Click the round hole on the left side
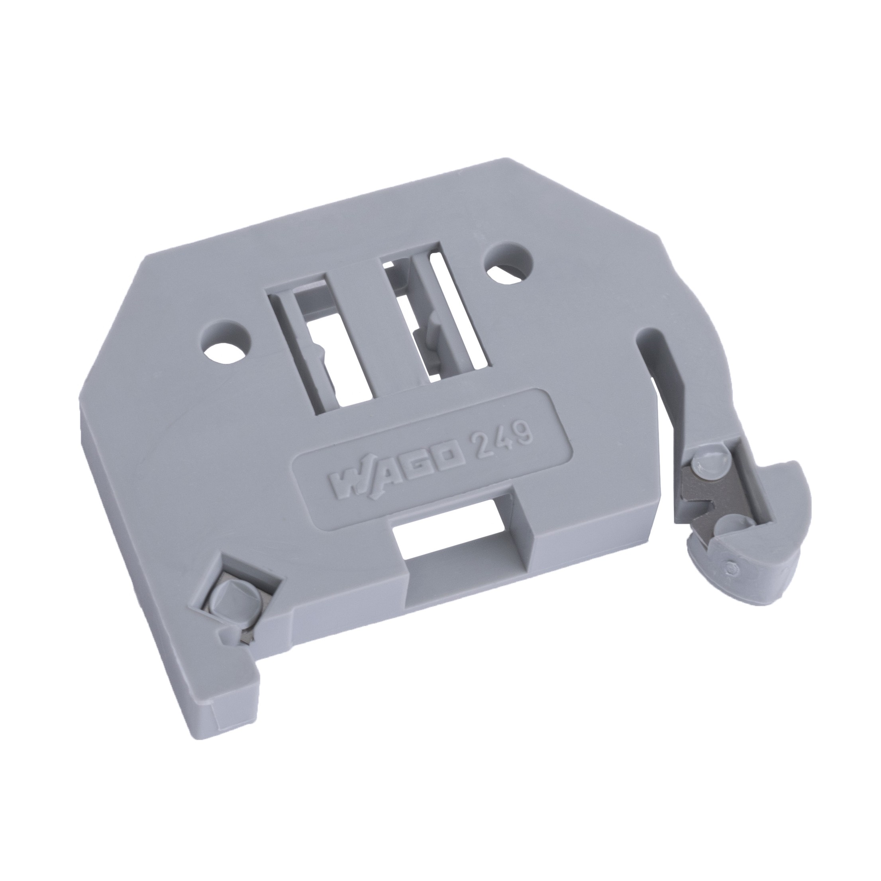(227, 343)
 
